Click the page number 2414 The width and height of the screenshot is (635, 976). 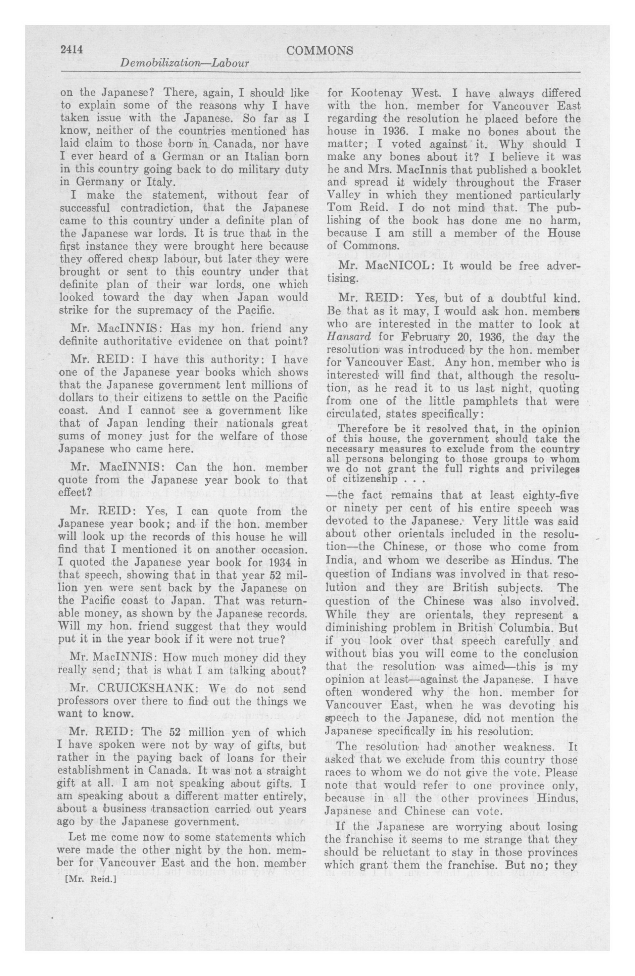pos(72,50)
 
